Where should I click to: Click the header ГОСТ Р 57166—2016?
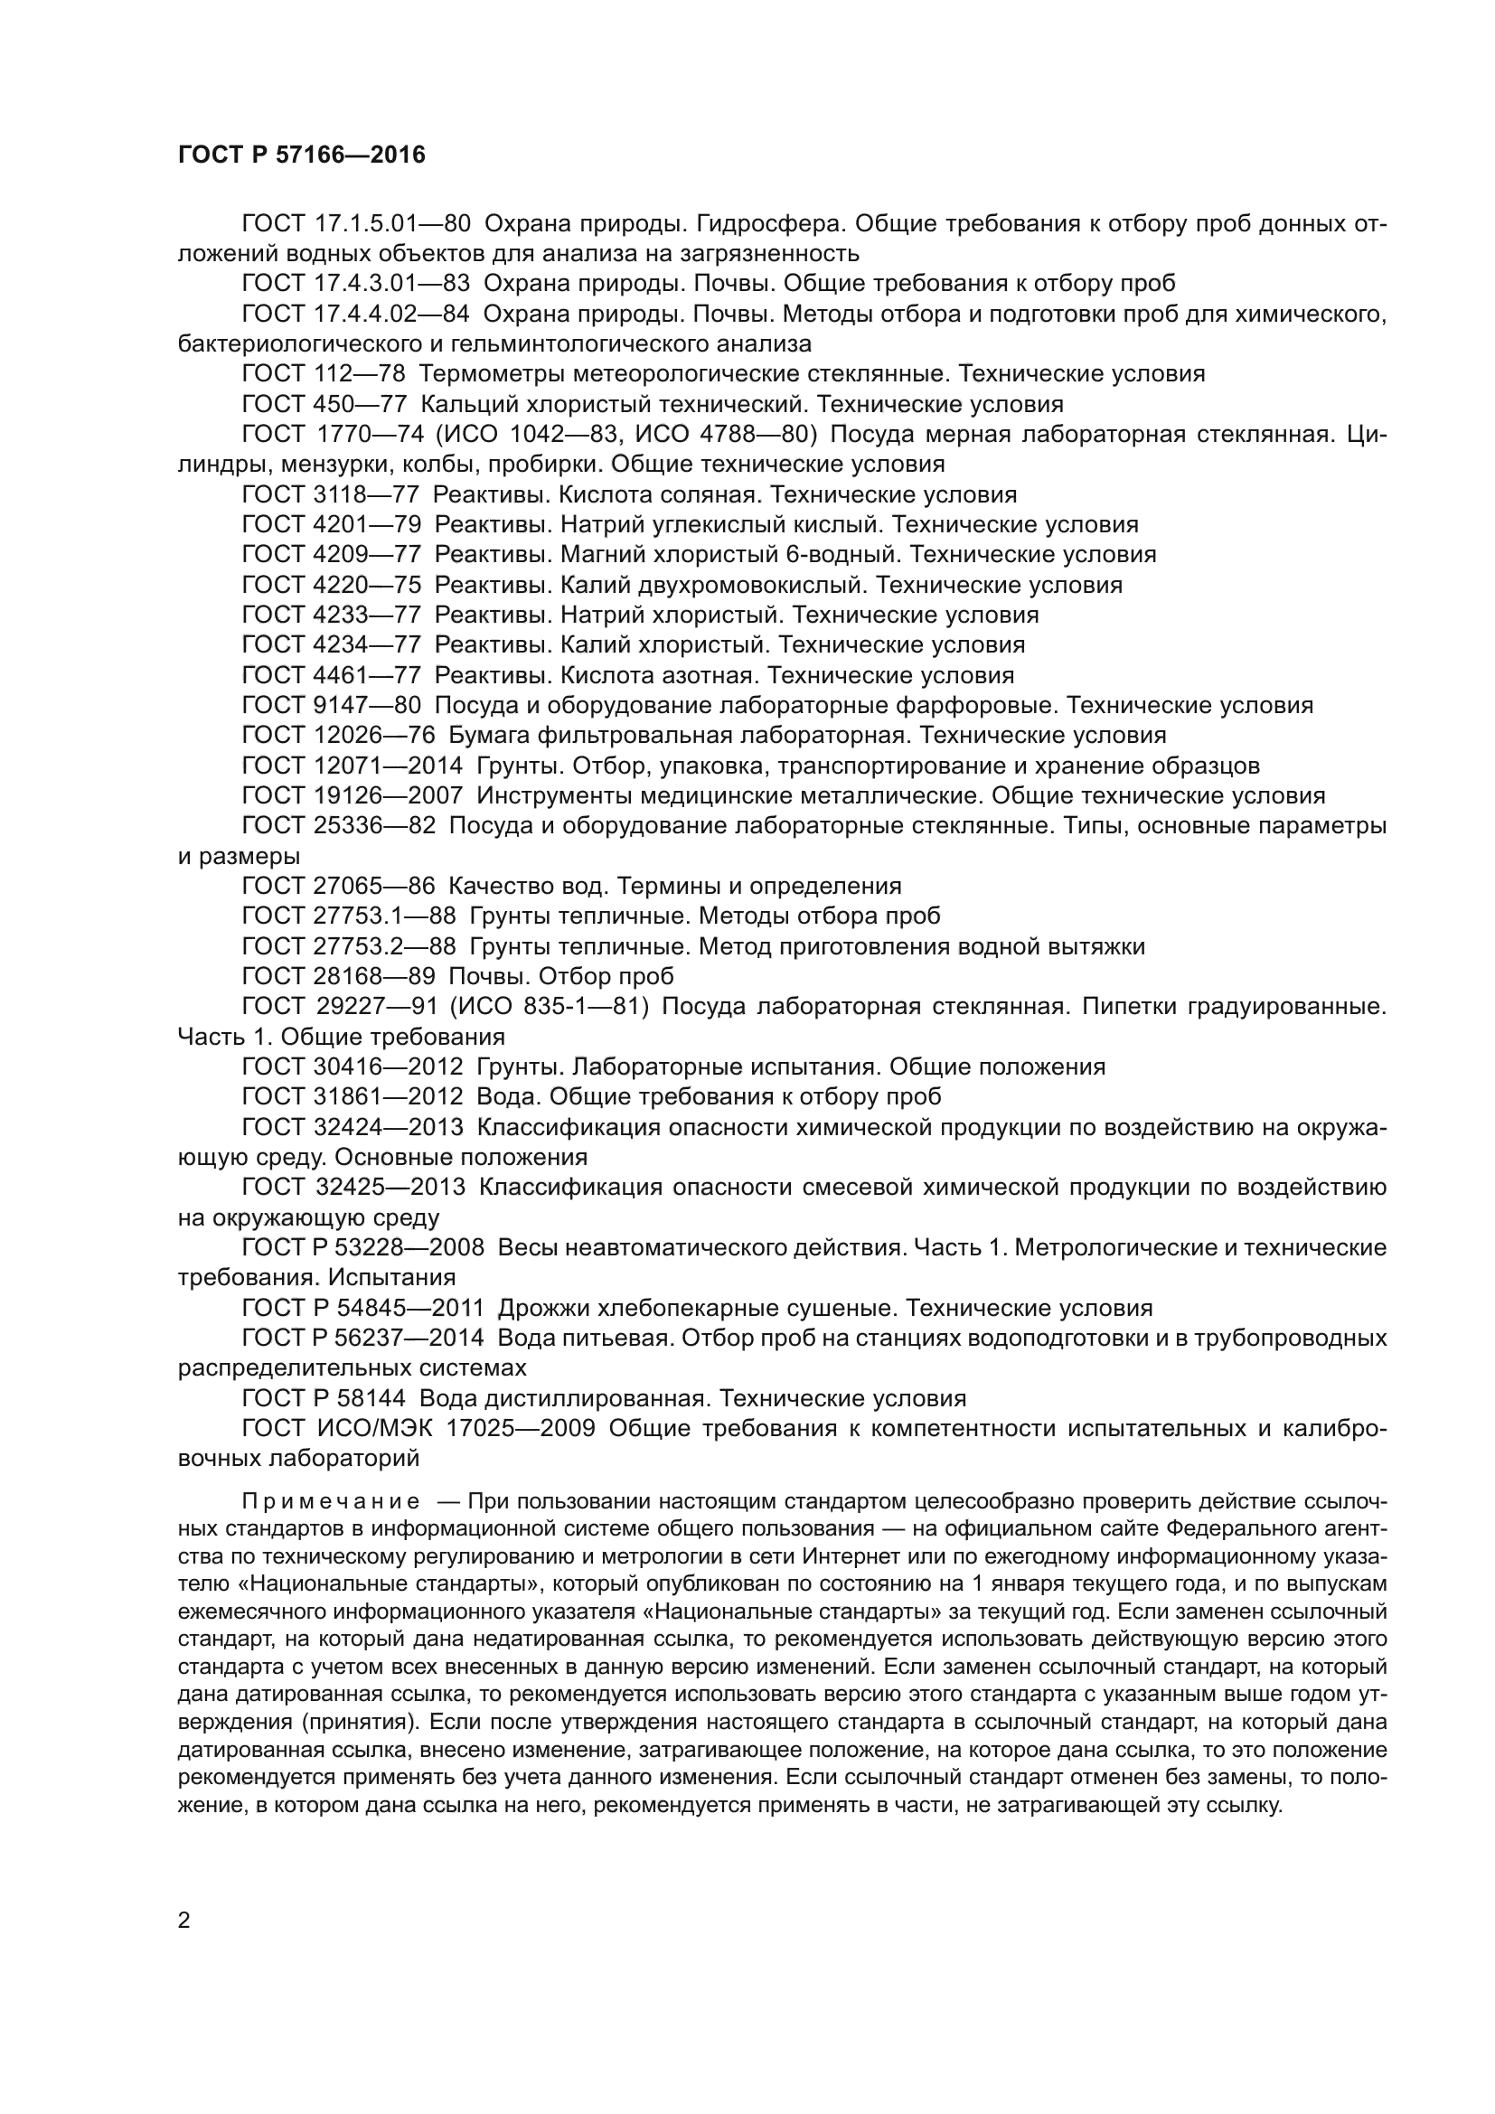point(301,155)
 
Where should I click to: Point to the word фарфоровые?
point(976,705)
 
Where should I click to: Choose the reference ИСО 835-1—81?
point(550,1006)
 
